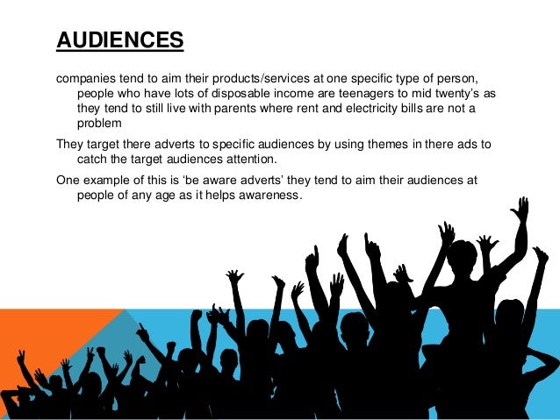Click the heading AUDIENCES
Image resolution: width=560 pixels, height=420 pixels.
pos(119,40)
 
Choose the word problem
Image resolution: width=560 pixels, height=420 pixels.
pos(100,124)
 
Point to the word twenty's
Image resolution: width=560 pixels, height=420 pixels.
pos(447,93)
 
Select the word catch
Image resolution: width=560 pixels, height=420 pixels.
pos(93,160)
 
